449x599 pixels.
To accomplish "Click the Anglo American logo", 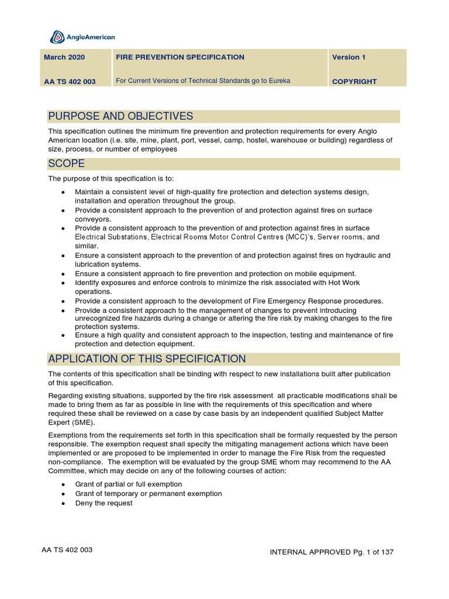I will click(x=82, y=37).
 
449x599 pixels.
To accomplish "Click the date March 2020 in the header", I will click(x=64, y=57).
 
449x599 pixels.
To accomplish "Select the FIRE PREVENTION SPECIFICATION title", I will click(x=180, y=57).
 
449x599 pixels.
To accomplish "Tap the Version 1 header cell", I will click(x=348, y=57).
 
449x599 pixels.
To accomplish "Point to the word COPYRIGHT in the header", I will click(x=354, y=82).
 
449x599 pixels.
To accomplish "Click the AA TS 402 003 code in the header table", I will click(x=70, y=82).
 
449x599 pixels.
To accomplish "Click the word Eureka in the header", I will click(x=279, y=81).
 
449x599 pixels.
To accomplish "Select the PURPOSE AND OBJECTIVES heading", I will click(x=120, y=116).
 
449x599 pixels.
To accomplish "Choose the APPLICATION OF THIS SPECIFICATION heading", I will click(x=147, y=359).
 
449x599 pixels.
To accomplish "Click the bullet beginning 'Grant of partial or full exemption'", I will click(x=129, y=484).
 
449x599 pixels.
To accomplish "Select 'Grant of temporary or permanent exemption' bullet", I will click(x=148, y=494).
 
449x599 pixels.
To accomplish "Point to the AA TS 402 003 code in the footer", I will click(x=67, y=550).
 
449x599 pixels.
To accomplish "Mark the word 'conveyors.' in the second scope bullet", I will click(x=93, y=219).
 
